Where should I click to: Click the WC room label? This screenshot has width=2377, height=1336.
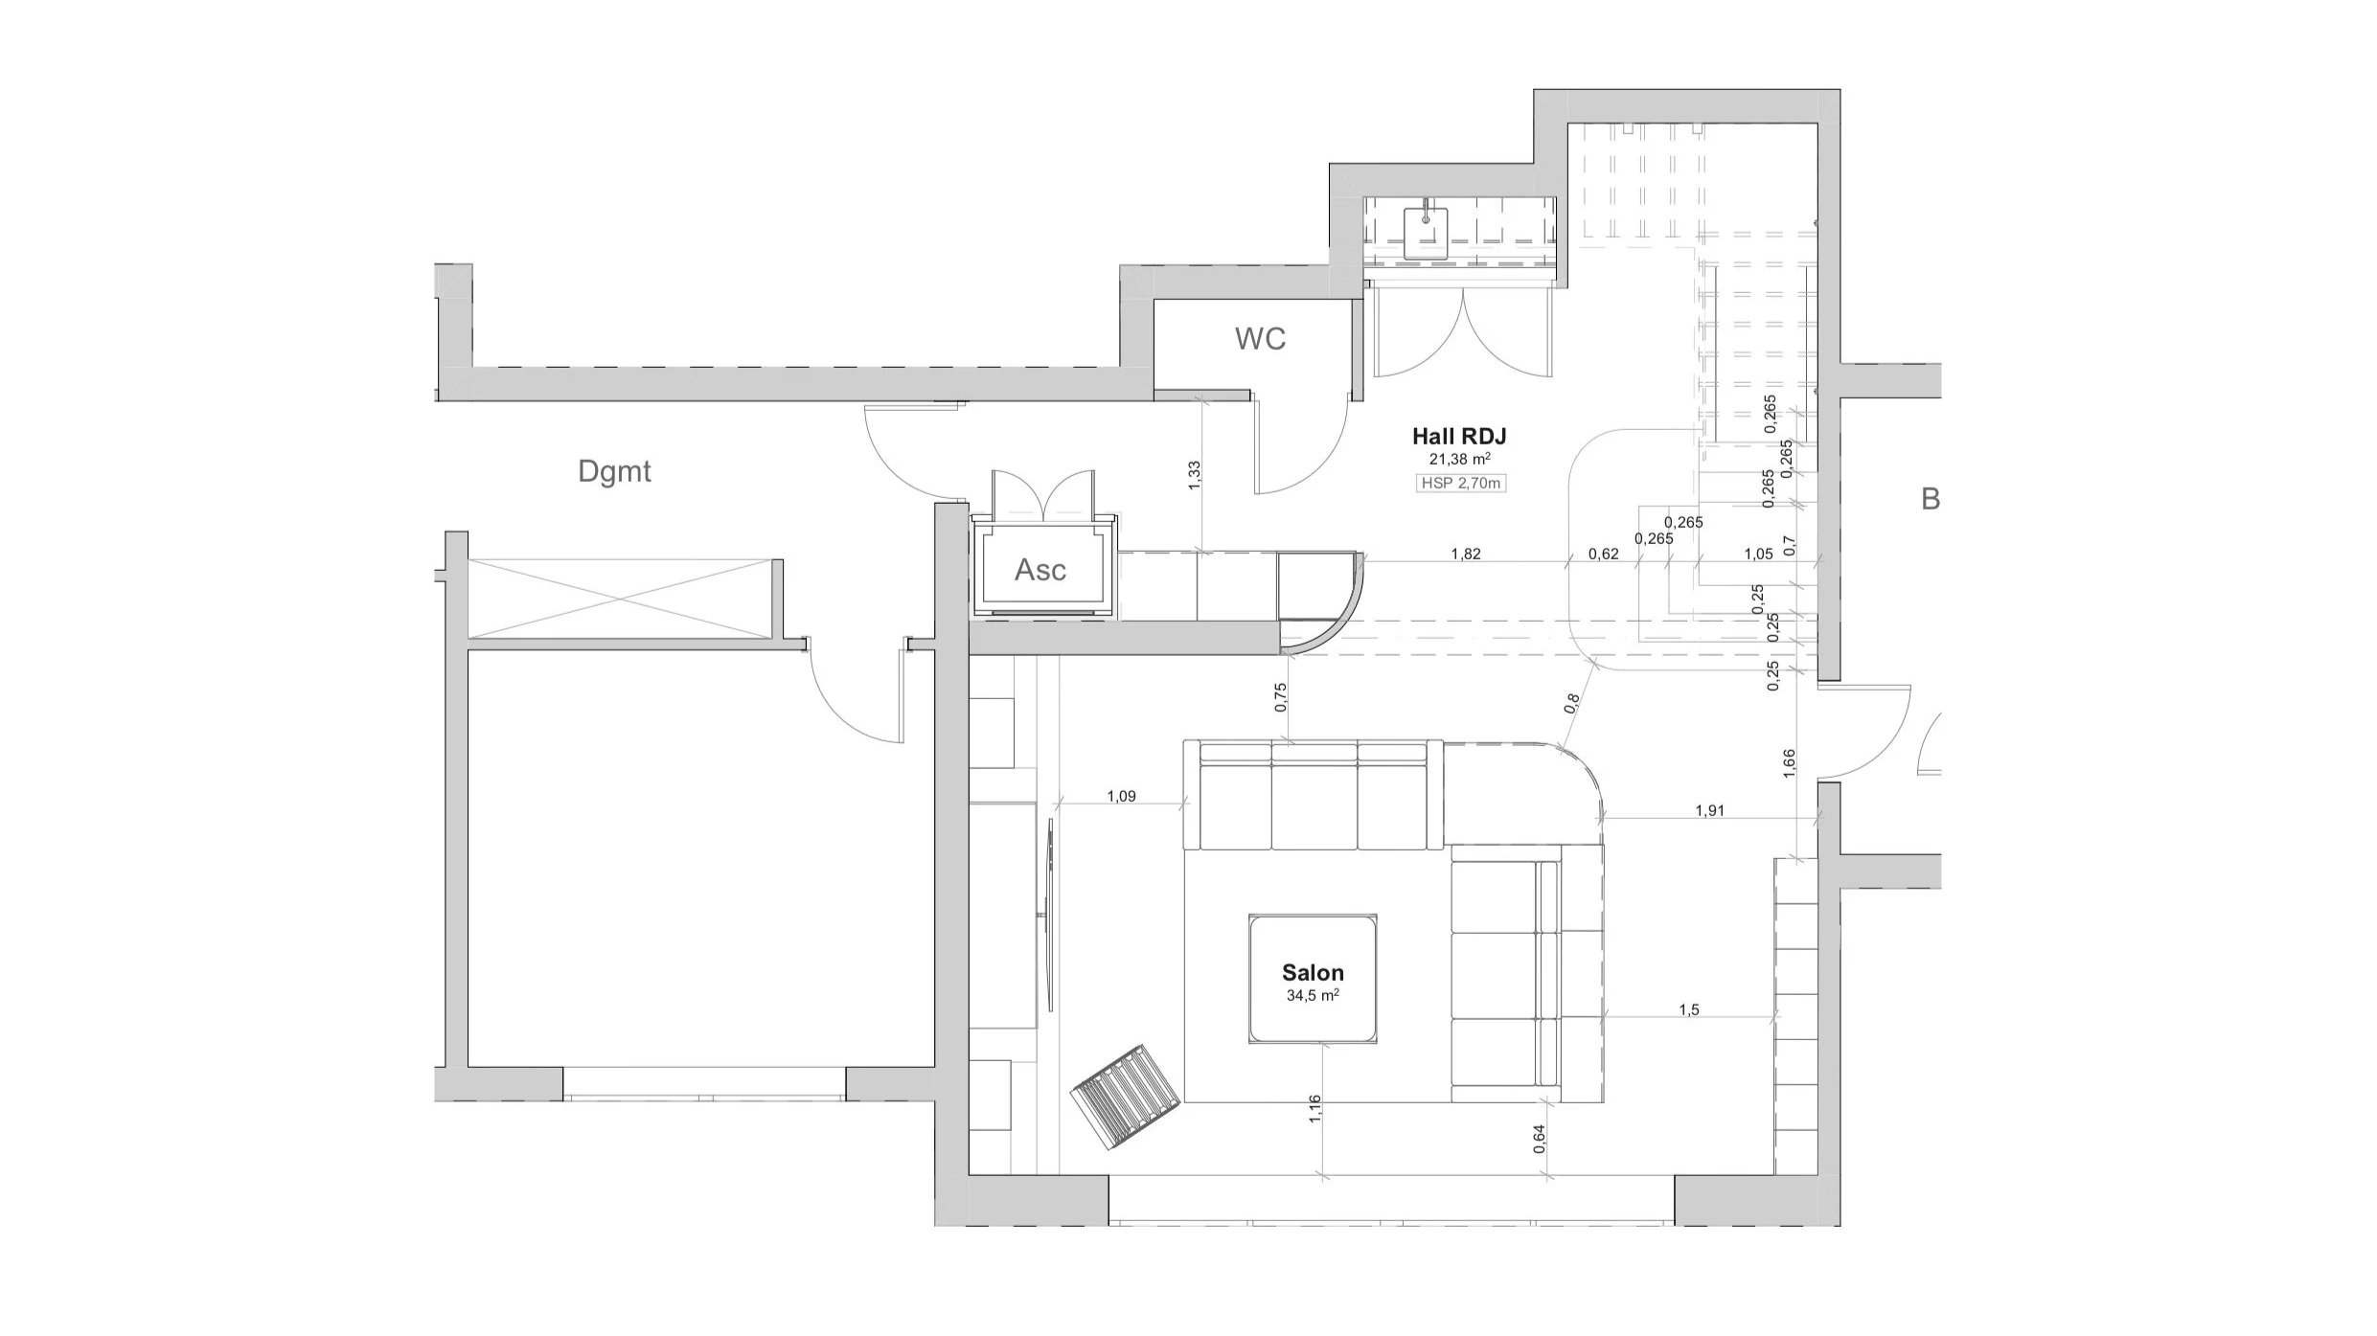pos(1260,339)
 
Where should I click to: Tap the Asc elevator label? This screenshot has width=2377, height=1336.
pos(1040,570)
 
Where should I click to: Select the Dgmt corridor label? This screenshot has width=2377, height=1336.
pos(614,471)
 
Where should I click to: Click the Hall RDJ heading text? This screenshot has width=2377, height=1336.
pos(1459,437)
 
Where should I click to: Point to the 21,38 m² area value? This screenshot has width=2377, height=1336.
pos(1459,460)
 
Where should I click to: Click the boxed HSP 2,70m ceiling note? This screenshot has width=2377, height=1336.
pos(1460,484)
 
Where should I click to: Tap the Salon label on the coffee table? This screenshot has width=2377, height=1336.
pos(1313,973)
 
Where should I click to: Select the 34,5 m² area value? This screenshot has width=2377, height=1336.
pos(1313,996)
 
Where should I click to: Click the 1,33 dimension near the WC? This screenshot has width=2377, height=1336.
pos(1194,476)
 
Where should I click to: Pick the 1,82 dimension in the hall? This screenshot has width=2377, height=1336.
pos(1466,554)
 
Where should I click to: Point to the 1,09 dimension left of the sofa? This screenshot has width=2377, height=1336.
pos(1121,796)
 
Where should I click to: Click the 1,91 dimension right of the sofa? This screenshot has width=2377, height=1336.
pos(1709,810)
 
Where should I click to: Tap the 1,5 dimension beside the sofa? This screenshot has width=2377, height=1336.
pos(1689,1010)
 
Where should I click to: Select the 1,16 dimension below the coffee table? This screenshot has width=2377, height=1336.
pos(1314,1110)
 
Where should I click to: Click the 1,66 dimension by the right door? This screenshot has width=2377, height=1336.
pos(1789,764)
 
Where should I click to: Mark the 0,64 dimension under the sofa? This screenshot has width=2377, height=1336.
pos(1539,1137)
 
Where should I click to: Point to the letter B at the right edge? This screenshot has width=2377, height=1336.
pos(1931,499)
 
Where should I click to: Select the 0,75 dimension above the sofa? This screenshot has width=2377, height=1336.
pos(1281,697)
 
